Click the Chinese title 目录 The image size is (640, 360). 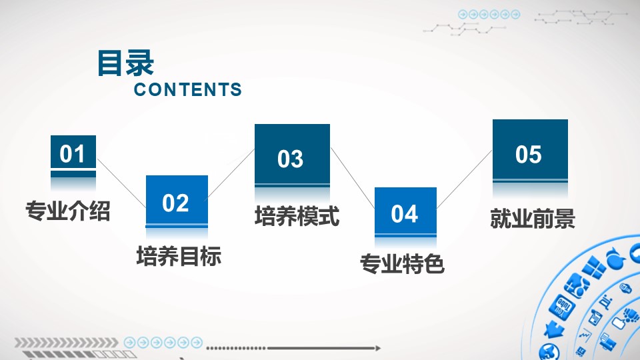125,63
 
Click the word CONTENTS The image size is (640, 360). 188,90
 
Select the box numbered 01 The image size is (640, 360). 73,152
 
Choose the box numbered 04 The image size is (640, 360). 406,211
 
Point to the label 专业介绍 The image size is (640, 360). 68,211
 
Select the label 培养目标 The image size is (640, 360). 179,256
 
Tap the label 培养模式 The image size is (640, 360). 297,216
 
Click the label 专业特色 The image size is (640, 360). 402,263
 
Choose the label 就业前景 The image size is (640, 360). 533,219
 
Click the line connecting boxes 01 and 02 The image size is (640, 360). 121,183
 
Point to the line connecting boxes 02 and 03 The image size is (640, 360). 231,174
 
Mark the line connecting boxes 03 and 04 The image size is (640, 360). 352,177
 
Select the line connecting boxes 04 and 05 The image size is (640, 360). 464,179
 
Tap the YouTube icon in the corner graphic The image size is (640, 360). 562,307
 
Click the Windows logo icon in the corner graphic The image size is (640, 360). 593,267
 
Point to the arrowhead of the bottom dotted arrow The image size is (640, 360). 378,348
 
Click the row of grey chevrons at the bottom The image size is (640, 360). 66,343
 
